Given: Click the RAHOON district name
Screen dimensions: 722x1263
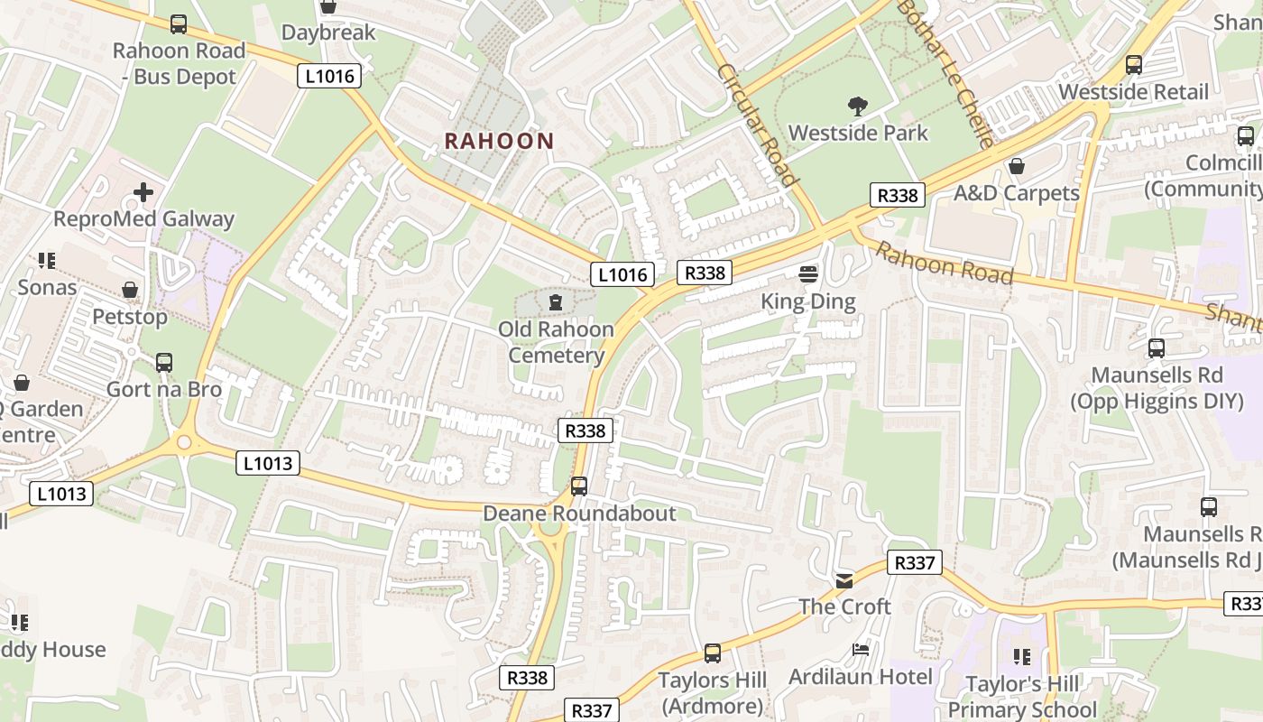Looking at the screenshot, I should coord(499,141).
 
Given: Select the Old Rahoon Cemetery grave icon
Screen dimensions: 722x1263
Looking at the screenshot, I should coord(555,301).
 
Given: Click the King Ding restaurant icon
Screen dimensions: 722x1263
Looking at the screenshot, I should coord(807,273).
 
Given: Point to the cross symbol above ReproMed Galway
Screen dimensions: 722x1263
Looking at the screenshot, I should coord(143,191).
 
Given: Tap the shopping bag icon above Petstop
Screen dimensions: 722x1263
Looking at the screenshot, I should coord(130,290).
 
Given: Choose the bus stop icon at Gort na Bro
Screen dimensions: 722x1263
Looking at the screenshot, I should coord(163,362).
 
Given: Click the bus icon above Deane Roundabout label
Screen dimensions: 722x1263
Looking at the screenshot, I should coord(578,486).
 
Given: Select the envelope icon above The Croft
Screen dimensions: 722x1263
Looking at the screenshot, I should coord(844,580).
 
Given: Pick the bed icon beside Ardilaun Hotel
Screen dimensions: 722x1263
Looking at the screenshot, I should coord(861,650).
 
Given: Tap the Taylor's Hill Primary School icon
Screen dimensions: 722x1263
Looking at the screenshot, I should coord(1021,657).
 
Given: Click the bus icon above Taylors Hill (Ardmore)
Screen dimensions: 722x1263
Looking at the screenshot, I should coord(712,653).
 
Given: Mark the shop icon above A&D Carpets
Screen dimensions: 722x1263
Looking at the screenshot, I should coord(1017,166).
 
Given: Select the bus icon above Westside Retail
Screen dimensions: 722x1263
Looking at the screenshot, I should coord(1133,65).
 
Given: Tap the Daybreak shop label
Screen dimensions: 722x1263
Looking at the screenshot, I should coord(327,32).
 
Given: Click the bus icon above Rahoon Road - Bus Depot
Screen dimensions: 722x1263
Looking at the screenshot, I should coord(179,24).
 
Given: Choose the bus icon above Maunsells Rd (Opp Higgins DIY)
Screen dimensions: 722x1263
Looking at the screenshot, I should coord(1157,347).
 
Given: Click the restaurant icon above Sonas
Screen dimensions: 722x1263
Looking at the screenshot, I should coord(47,261).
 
